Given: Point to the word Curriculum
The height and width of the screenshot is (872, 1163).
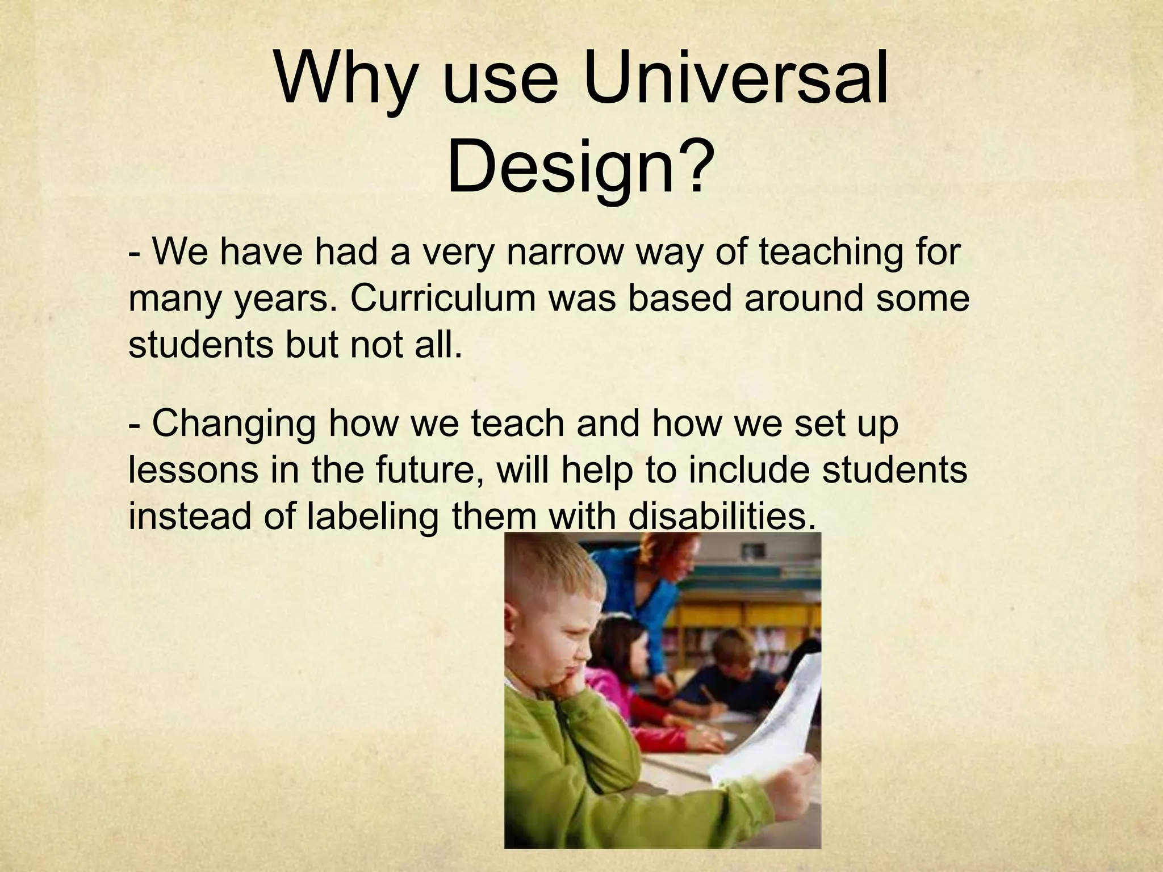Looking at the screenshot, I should pos(443,299).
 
